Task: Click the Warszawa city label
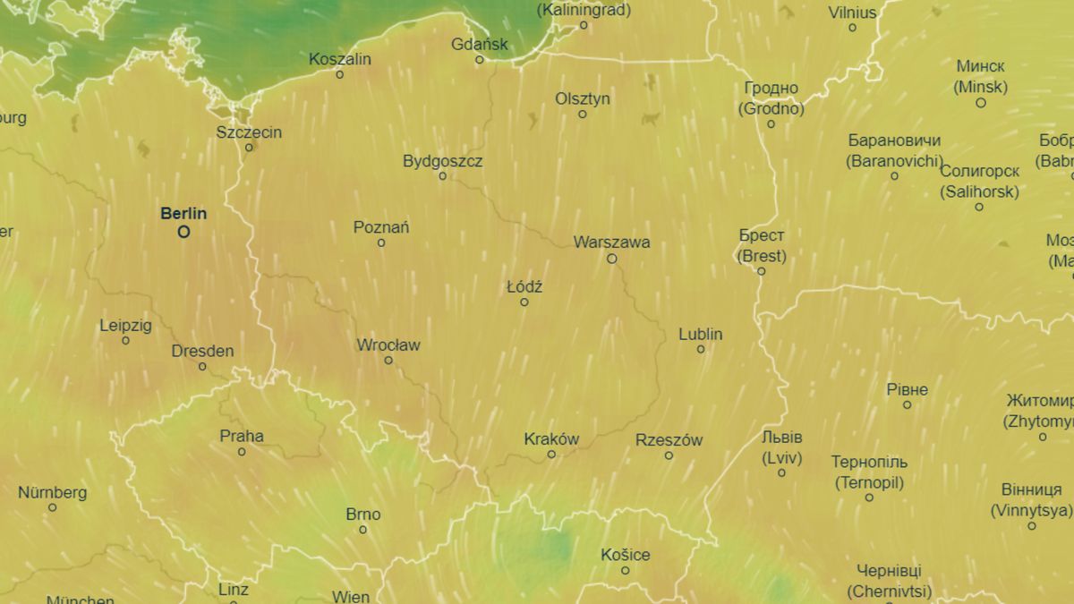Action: (611, 242)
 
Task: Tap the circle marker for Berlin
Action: (183, 232)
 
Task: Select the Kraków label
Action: (551, 439)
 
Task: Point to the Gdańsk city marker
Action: (479, 60)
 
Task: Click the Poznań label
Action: (381, 227)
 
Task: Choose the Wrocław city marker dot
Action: (388, 361)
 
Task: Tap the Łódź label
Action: (524, 287)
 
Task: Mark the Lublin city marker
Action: (701, 349)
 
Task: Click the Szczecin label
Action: (249, 132)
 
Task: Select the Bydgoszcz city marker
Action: (442, 176)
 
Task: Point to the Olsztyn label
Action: (583, 98)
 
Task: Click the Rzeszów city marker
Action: (669, 455)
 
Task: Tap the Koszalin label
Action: (339, 59)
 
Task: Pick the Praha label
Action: (242, 437)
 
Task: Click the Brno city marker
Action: (362, 530)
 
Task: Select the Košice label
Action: (625, 555)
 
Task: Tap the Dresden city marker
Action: (202, 367)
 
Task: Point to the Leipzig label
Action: (125, 326)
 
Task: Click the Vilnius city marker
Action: (852, 28)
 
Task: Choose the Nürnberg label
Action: (52, 492)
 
